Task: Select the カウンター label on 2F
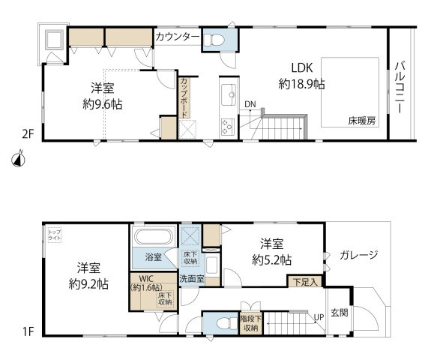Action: [178, 37]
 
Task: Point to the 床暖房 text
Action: [361, 120]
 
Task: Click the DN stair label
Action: [249, 104]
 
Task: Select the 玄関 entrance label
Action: [340, 313]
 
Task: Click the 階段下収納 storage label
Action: [250, 322]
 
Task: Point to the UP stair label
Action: [318, 317]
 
